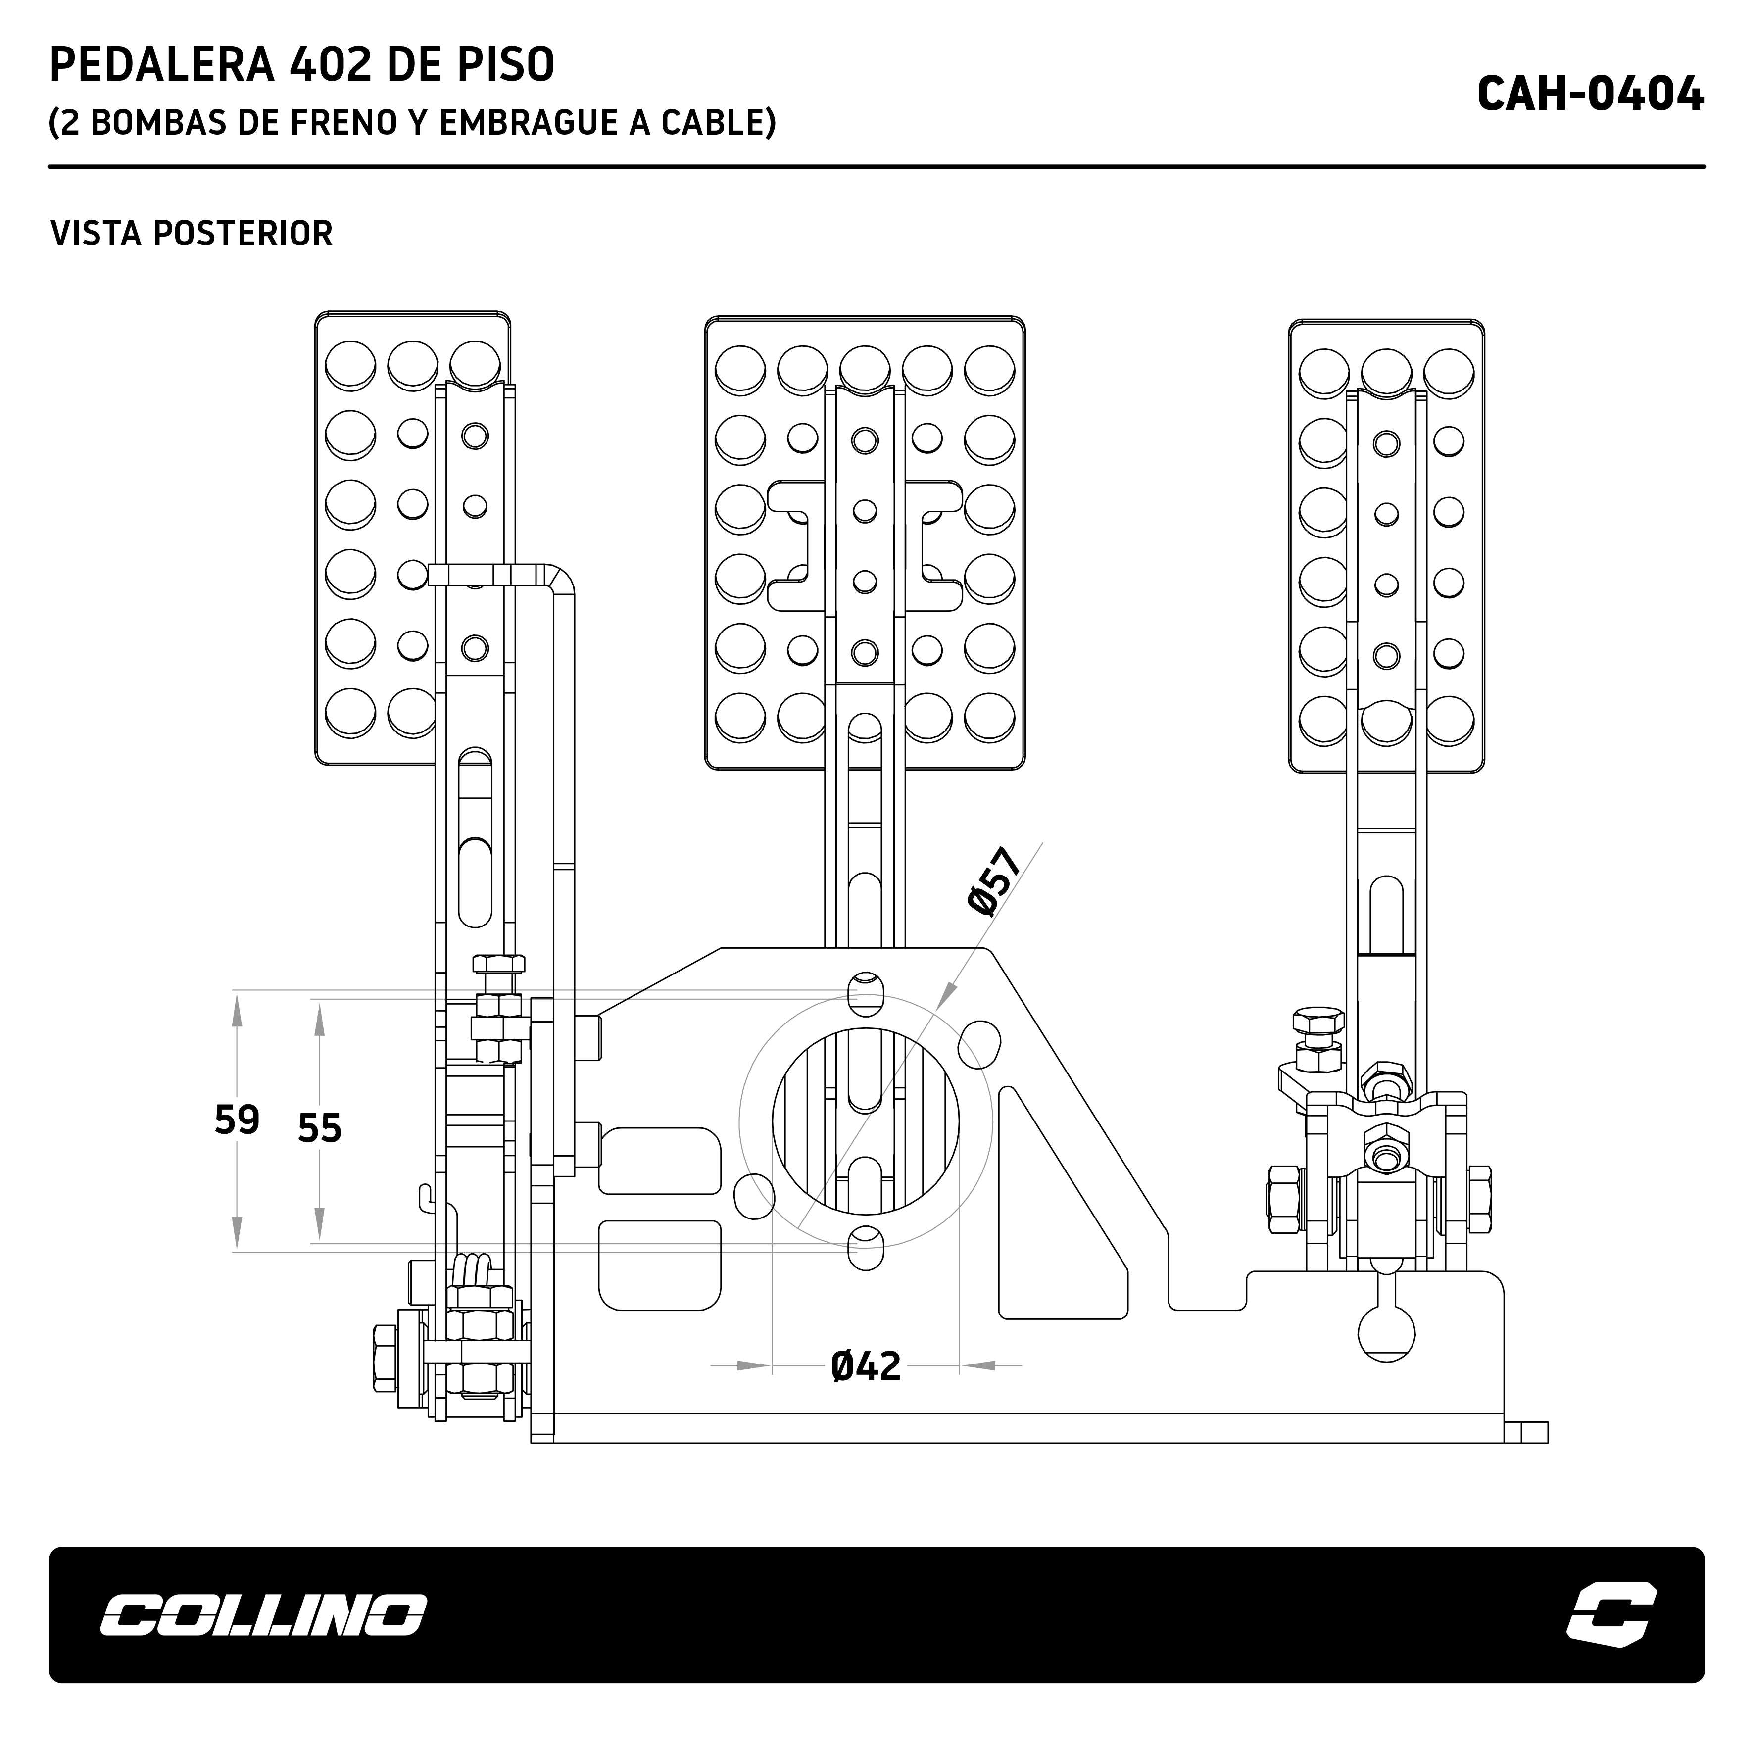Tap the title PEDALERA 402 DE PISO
301,65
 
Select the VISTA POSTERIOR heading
192,233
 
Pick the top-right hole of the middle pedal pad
989,370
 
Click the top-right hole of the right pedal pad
1448,372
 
